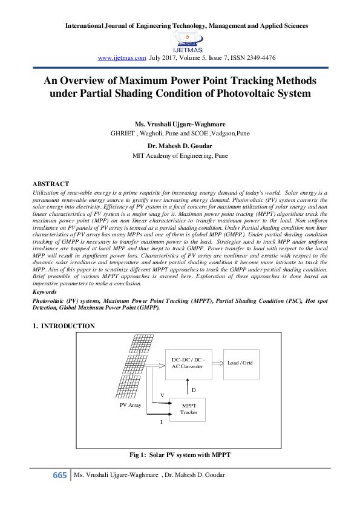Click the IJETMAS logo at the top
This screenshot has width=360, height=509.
188,42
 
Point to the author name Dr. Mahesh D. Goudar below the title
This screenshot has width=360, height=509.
180,146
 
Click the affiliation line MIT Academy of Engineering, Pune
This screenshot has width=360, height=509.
180,155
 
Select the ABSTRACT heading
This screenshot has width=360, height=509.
50,183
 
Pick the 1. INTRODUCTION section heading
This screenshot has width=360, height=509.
64,326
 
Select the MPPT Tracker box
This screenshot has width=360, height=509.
188,409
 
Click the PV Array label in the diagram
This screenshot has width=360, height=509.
130,405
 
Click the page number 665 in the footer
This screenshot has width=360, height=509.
60,475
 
